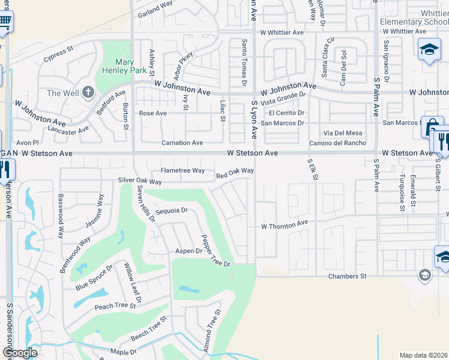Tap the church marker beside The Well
tap(88, 92)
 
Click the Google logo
tap(20, 353)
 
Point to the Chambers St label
tap(346, 276)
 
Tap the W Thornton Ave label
tap(284, 226)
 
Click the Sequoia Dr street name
tap(172, 211)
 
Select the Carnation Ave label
tap(182, 143)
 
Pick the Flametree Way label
tap(182, 170)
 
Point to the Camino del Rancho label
tap(337, 143)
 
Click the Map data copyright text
tap(423, 355)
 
